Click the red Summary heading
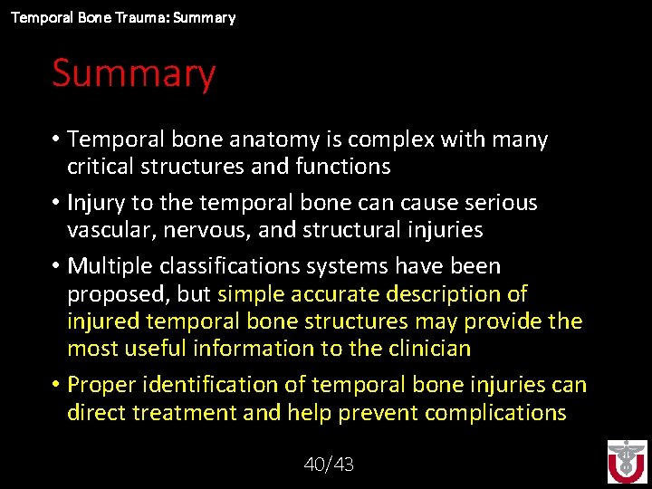point(133,73)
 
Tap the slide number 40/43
point(329,465)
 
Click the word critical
point(101,167)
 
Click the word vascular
point(110,230)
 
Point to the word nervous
point(212,230)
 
